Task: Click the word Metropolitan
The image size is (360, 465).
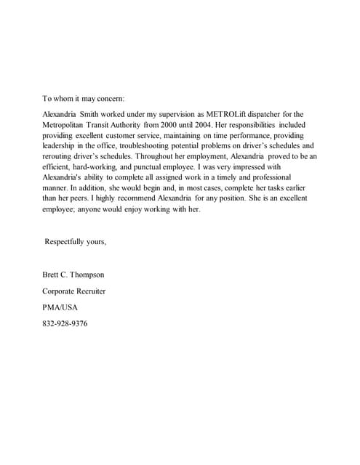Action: (69, 124)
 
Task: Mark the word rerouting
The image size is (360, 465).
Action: (59, 156)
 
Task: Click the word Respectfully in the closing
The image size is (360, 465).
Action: (67, 241)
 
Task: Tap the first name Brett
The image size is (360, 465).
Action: (52, 275)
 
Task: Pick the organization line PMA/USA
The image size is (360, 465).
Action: (60, 307)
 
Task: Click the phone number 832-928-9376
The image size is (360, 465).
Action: (65, 323)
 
